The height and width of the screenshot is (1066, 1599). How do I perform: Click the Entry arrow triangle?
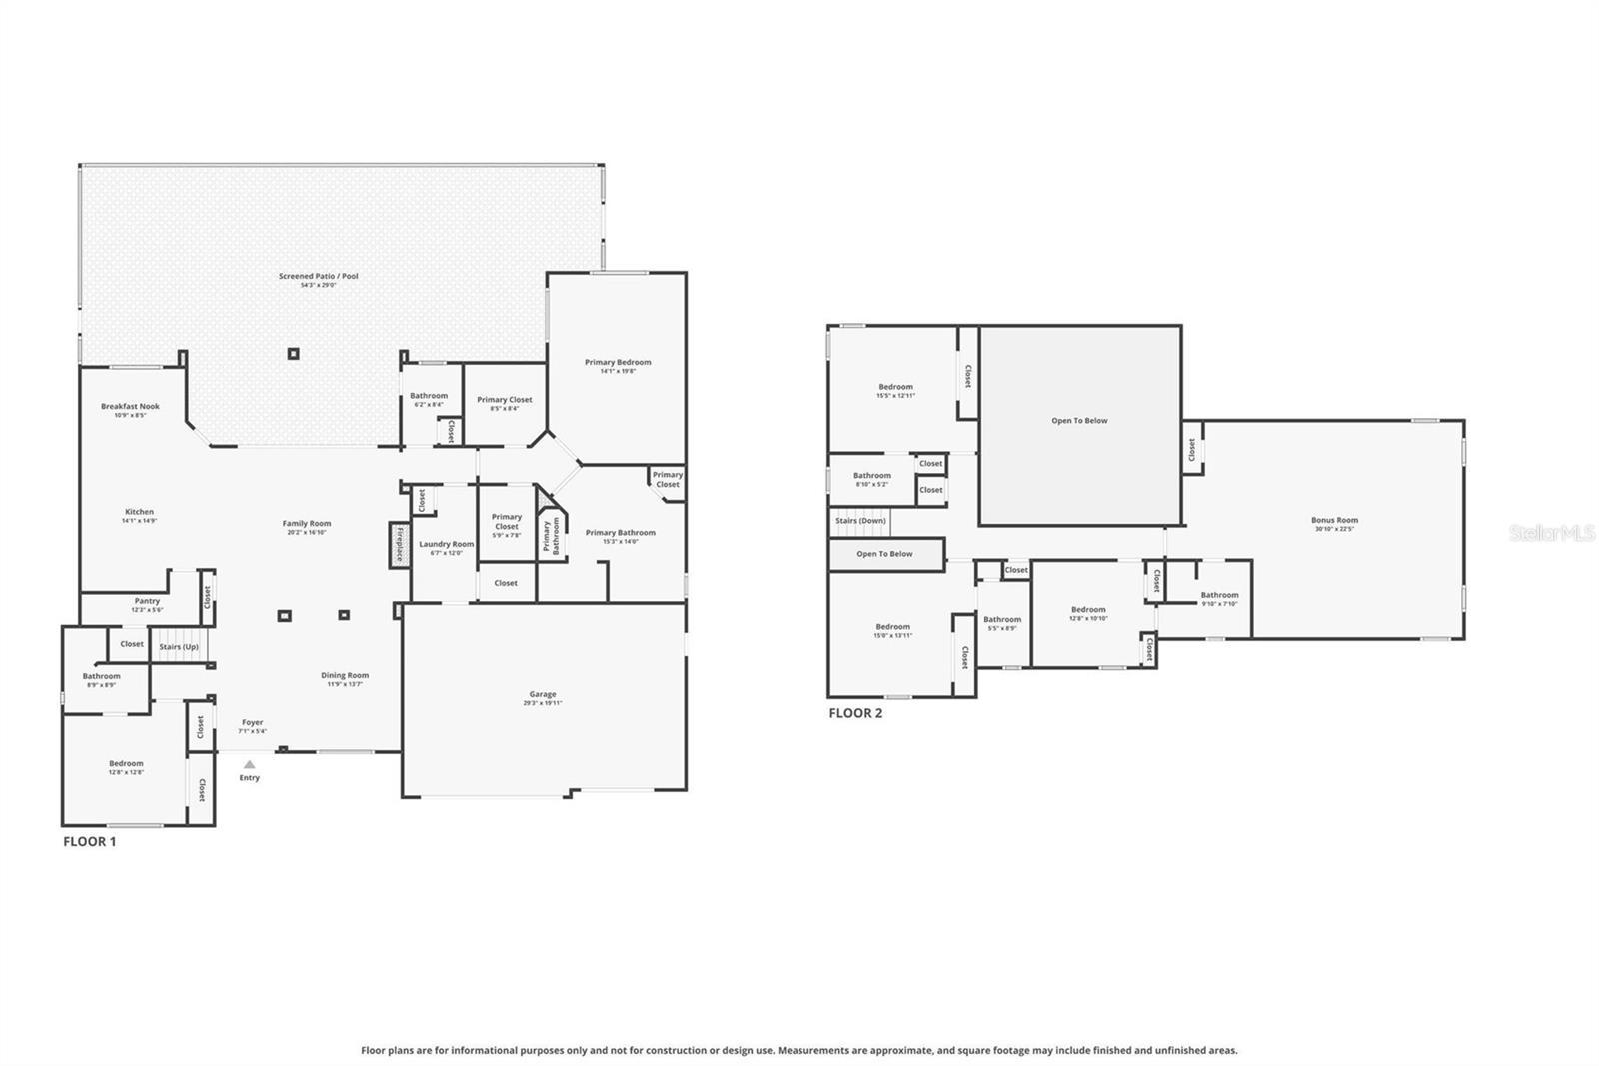pos(250,764)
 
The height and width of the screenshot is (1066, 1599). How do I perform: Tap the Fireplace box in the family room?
pos(399,545)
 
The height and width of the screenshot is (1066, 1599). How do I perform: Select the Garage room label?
pos(543,694)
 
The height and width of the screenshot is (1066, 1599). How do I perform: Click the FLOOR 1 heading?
pos(90,841)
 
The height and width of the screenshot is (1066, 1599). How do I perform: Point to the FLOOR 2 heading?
pos(855,713)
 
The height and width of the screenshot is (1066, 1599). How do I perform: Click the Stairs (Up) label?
pos(179,646)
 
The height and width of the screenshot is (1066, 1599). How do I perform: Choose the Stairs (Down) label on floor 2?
pos(860,521)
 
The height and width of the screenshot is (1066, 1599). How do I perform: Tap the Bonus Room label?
pos(1334,520)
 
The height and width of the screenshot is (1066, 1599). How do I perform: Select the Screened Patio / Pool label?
pos(318,276)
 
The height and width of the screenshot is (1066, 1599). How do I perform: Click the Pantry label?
pos(147,601)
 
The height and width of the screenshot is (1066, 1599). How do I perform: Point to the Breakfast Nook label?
pos(130,406)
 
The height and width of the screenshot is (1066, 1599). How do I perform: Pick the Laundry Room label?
pos(446,544)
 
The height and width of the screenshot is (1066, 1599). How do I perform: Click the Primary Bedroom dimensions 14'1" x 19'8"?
pos(618,371)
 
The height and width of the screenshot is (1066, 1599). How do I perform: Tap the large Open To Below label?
pos(1079,421)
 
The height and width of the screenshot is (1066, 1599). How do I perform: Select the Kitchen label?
pos(139,512)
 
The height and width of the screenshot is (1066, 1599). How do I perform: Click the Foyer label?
pos(252,722)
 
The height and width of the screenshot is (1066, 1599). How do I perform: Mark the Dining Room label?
pos(345,675)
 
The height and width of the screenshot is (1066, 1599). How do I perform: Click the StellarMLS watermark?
pos(1551,534)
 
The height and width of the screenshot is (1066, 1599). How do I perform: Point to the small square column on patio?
pos(293,353)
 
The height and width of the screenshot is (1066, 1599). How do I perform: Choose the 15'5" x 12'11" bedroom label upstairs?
pos(895,387)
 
